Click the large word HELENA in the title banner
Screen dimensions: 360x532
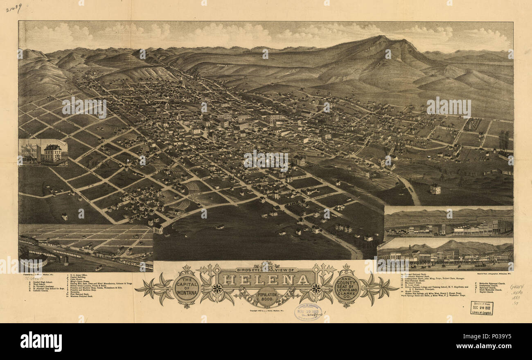pyautogui.click(x=266, y=280)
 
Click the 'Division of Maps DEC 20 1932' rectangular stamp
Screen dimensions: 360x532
pyautogui.click(x=482, y=308)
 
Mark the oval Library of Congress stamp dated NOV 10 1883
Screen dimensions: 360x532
pyautogui.click(x=308, y=312)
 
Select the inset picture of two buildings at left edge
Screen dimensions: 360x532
pyautogui.click(x=43, y=153)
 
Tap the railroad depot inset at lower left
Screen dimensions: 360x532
pyautogui.click(x=86, y=248)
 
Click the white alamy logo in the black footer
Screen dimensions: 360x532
pyautogui.click(x=41, y=341)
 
